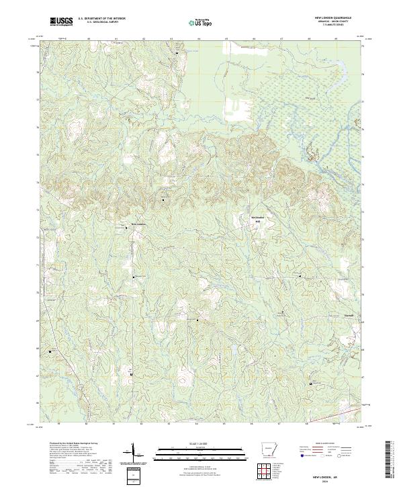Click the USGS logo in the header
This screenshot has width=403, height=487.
click(x=62, y=21)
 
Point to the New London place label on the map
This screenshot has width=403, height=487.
click(x=138, y=224)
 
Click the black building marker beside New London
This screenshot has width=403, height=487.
click(x=128, y=228)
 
